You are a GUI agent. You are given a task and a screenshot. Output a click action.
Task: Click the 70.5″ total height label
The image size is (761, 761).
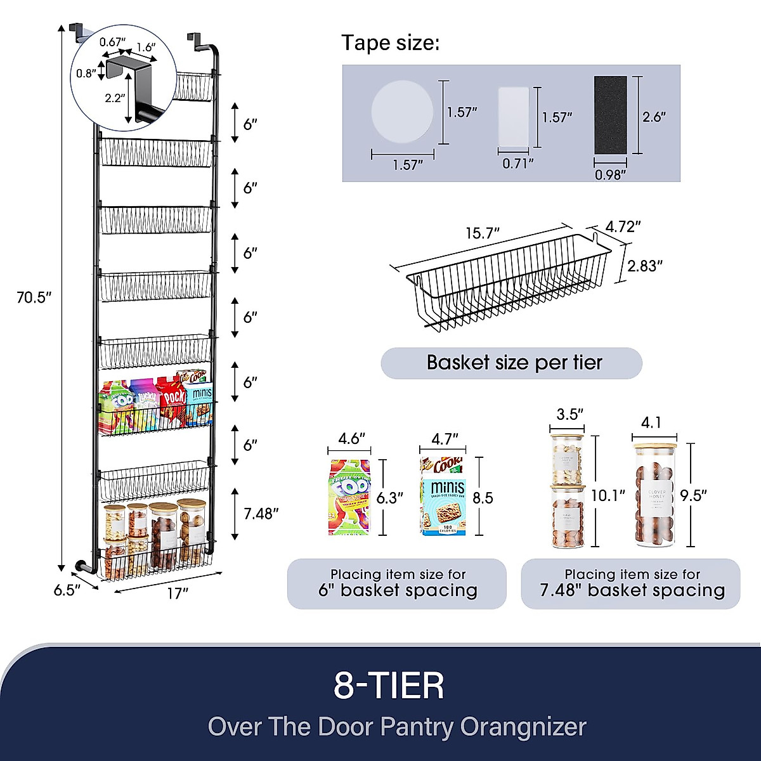[x=34, y=297]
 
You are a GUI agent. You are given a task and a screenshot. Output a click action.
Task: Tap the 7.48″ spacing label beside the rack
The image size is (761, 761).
[x=261, y=514]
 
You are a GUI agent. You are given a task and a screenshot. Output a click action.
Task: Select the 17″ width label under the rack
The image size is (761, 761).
[x=178, y=594]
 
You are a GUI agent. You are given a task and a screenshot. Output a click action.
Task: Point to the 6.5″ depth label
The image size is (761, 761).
[x=67, y=590]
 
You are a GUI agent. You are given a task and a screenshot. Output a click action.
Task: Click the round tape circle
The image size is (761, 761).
[x=402, y=112]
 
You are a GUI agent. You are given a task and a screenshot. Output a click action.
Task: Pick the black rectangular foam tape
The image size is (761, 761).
[x=610, y=115]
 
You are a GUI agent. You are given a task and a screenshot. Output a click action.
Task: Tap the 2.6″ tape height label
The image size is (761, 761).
[x=654, y=117]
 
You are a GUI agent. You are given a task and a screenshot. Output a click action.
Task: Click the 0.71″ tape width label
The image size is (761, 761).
[x=517, y=164]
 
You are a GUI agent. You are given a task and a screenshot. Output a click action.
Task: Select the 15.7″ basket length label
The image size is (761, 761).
[x=483, y=233]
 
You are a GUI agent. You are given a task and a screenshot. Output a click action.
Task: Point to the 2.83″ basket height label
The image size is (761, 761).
[x=645, y=266]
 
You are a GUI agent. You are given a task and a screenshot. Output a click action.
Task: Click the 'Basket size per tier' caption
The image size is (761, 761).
[x=514, y=363]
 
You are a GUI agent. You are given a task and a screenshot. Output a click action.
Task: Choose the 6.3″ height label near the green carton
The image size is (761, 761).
[x=390, y=498]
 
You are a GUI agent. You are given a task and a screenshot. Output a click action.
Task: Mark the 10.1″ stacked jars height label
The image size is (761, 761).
[x=608, y=495]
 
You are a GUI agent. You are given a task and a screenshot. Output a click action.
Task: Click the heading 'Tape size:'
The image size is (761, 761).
[x=390, y=43]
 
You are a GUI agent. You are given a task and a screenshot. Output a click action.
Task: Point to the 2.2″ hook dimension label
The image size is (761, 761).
[x=115, y=98]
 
